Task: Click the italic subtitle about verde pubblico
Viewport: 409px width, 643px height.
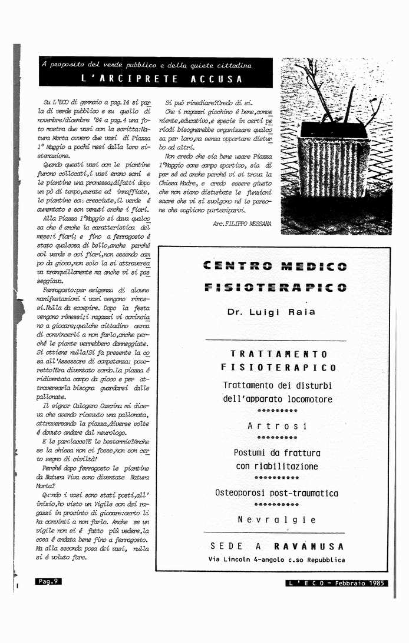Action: tap(147, 65)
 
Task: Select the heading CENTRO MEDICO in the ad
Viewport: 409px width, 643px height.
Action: tap(275, 266)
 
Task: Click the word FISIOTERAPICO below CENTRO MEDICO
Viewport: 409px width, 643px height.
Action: tap(275, 288)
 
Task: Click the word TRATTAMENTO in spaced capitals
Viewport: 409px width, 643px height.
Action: tap(279, 354)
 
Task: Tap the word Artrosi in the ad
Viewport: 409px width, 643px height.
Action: tap(277, 425)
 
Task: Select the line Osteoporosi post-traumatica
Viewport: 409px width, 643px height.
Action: tap(276, 493)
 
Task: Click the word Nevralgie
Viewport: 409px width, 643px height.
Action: tap(277, 519)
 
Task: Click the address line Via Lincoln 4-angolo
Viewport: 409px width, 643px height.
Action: tap(276, 559)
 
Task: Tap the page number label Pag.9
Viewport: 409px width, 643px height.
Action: tap(48, 581)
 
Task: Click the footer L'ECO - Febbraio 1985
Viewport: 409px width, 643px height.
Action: tap(336, 583)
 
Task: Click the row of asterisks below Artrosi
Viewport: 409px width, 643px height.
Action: tap(277, 438)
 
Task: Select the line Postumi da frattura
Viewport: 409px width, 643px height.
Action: tap(277, 453)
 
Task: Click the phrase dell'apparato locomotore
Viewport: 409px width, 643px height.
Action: tap(278, 399)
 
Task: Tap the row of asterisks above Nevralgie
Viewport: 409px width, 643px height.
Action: tap(277, 505)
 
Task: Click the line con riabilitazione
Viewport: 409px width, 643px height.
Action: tap(277, 467)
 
